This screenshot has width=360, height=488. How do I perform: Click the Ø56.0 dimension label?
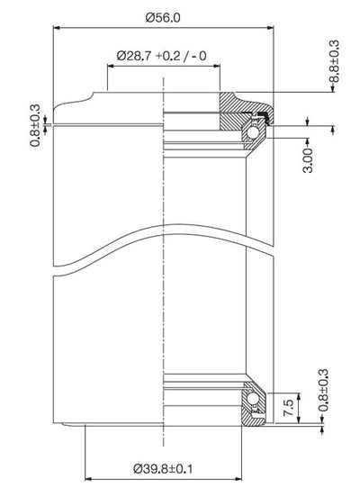[163, 18]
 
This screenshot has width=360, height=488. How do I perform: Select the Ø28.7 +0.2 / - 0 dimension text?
[161, 56]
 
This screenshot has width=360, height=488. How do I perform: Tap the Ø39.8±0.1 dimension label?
[163, 468]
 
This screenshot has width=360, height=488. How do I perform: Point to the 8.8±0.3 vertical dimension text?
[334, 61]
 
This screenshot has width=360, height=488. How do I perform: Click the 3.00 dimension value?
[308, 160]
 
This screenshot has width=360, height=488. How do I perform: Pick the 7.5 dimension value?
[289, 408]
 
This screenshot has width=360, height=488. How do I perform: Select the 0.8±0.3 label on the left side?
[35, 125]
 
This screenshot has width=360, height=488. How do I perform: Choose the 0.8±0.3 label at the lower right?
[323, 390]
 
